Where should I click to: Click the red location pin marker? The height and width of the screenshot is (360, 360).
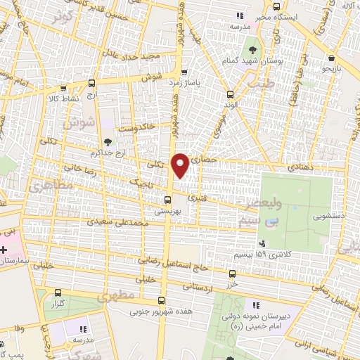point(181,165)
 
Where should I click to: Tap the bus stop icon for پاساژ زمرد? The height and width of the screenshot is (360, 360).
point(184,72)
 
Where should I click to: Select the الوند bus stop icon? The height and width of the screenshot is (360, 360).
point(229,94)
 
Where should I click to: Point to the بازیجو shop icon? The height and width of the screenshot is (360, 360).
point(331,58)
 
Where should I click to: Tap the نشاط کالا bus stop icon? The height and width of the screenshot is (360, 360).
point(63,89)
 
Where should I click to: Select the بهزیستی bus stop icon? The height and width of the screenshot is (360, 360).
point(167,199)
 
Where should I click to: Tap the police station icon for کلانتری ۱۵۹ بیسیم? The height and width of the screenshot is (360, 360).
point(262,243)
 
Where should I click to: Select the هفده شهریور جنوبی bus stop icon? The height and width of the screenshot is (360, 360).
point(162,299)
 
